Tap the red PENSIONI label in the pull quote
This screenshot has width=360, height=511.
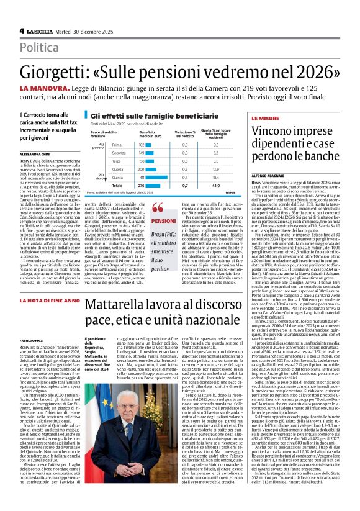click(x=164, y=222)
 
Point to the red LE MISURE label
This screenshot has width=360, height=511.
click(x=264, y=117)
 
